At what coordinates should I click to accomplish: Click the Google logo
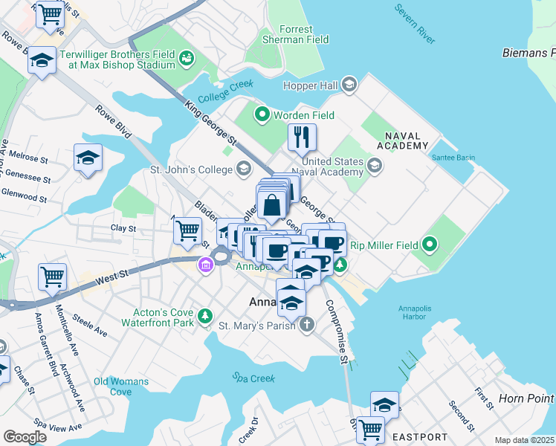[25, 437]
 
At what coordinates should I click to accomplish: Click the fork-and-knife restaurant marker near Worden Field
[302, 137]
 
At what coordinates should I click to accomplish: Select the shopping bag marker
[273, 204]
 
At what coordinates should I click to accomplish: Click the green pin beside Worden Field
[262, 115]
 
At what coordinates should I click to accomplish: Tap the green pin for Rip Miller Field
[429, 244]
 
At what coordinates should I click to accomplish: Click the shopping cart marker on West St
[52, 277]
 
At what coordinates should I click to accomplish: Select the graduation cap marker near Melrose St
[88, 158]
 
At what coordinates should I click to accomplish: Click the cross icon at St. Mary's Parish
[308, 325]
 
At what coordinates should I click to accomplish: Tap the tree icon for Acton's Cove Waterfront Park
[205, 318]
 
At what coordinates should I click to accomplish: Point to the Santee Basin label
[453, 158]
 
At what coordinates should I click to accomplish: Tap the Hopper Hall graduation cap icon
[349, 86]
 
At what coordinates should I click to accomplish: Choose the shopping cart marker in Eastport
[369, 428]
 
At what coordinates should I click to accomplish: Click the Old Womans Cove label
[121, 387]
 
